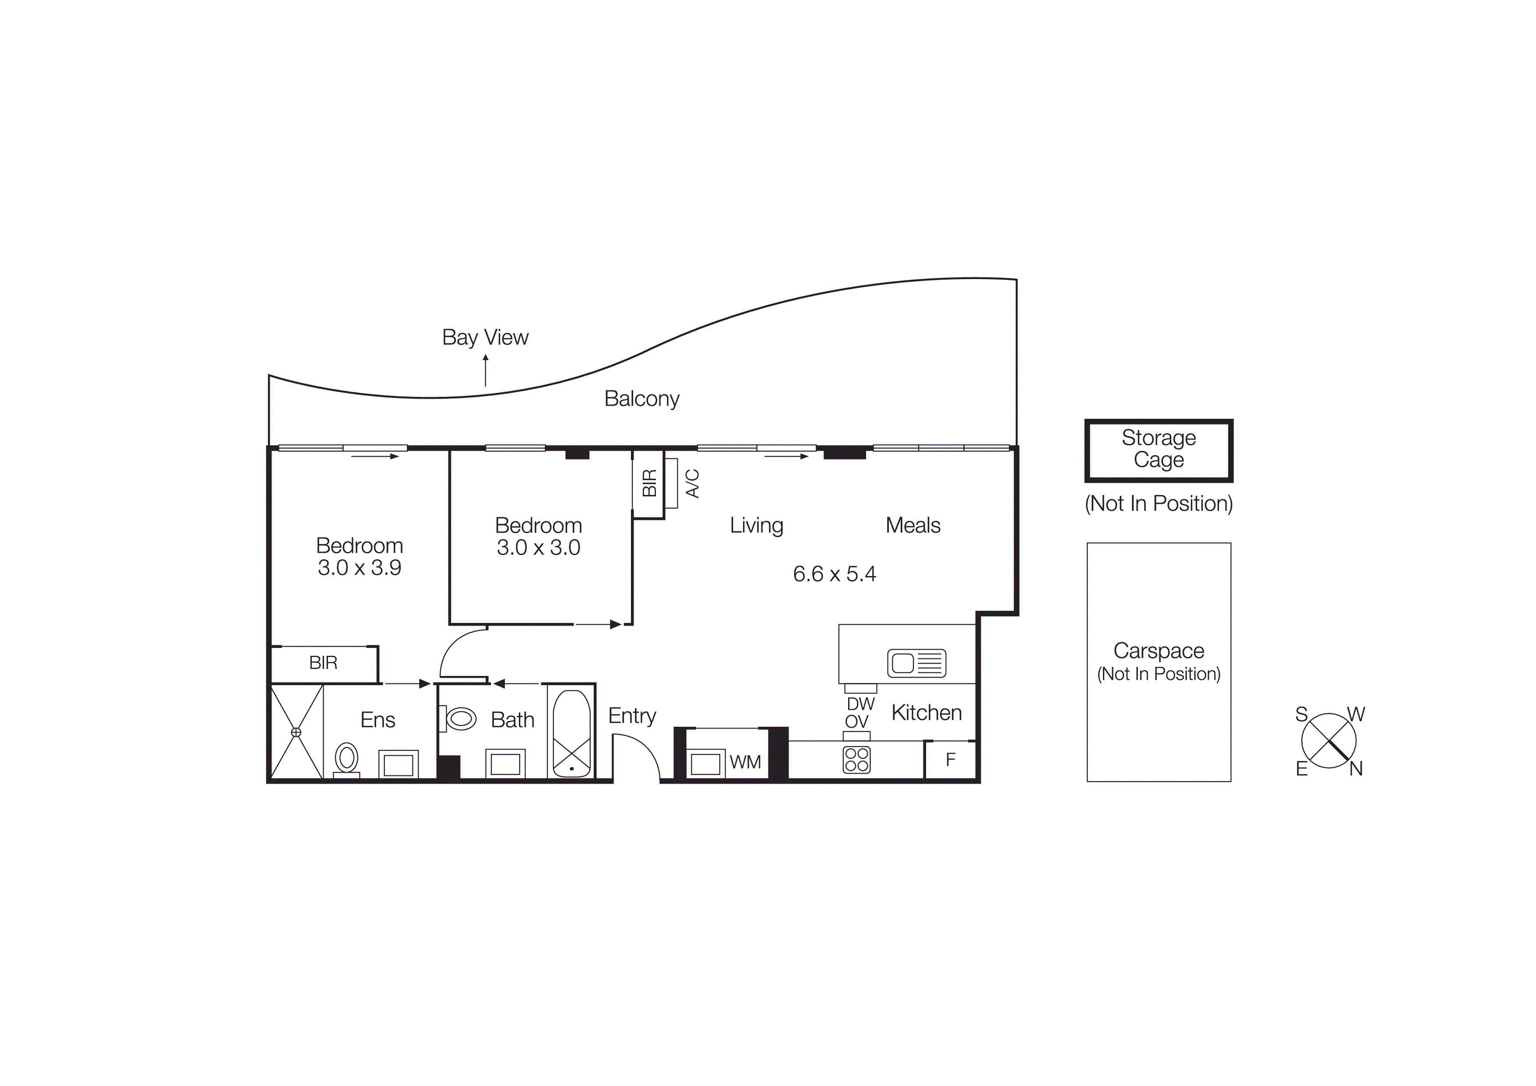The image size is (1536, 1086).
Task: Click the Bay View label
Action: (x=485, y=337)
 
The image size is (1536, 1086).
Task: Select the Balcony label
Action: (x=641, y=399)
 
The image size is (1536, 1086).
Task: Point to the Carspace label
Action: (x=1158, y=651)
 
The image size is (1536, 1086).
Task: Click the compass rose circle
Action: (x=1328, y=741)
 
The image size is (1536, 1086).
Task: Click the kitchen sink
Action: (x=916, y=663)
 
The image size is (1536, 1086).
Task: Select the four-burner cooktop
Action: (x=856, y=760)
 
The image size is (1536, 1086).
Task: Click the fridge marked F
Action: (x=950, y=760)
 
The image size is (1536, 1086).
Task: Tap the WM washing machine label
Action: (x=745, y=762)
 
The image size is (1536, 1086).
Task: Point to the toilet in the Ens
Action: (x=346, y=760)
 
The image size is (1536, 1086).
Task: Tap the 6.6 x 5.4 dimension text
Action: (x=834, y=574)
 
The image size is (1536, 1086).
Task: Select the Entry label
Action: (x=631, y=716)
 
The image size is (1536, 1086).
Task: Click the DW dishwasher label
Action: (x=860, y=704)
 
